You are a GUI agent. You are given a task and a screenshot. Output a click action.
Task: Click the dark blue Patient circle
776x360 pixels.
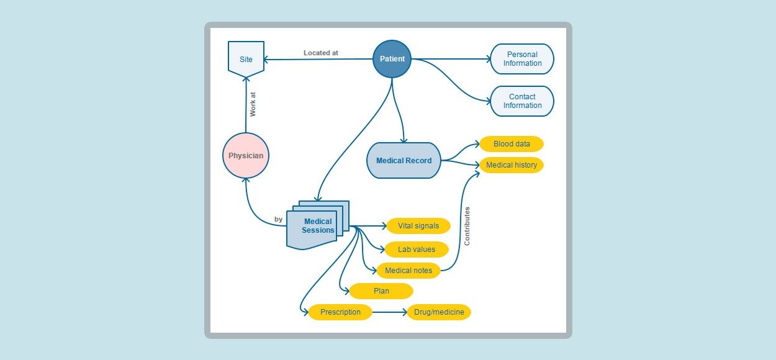point(392,59)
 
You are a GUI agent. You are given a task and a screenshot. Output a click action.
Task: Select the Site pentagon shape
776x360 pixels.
point(246,59)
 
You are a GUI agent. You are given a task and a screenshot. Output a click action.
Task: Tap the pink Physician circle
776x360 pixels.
point(246,156)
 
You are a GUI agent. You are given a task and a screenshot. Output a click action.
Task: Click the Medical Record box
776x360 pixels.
point(404,160)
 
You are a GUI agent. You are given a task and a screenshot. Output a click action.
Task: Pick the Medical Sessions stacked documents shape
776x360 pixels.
point(318,225)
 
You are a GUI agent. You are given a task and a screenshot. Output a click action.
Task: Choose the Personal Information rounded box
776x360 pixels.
point(522,59)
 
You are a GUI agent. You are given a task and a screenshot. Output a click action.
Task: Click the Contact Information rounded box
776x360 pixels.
point(522,101)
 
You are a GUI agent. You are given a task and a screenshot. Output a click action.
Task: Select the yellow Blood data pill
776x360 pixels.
point(512,144)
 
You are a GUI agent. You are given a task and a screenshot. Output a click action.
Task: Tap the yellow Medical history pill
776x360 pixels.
point(512,165)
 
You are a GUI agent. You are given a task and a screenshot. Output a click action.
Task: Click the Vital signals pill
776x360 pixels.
point(418,226)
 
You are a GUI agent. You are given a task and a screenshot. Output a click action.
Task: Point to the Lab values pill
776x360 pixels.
point(417,250)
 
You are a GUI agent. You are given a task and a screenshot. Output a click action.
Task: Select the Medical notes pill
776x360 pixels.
point(408,271)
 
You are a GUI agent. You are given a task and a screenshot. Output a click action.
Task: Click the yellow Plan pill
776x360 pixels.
point(381,291)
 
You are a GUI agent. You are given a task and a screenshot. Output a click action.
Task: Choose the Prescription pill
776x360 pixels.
point(340,312)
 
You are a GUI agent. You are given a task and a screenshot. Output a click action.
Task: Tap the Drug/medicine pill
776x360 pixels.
point(439,312)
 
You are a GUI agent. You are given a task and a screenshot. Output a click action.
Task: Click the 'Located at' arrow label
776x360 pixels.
point(321,53)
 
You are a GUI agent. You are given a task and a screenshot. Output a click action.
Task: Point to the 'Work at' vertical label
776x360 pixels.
point(253,104)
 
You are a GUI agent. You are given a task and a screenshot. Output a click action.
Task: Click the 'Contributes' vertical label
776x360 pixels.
point(467,227)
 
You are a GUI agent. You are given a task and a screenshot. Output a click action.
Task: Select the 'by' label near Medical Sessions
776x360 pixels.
point(278,219)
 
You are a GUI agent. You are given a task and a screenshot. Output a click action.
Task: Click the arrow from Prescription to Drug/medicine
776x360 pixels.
point(390,312)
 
